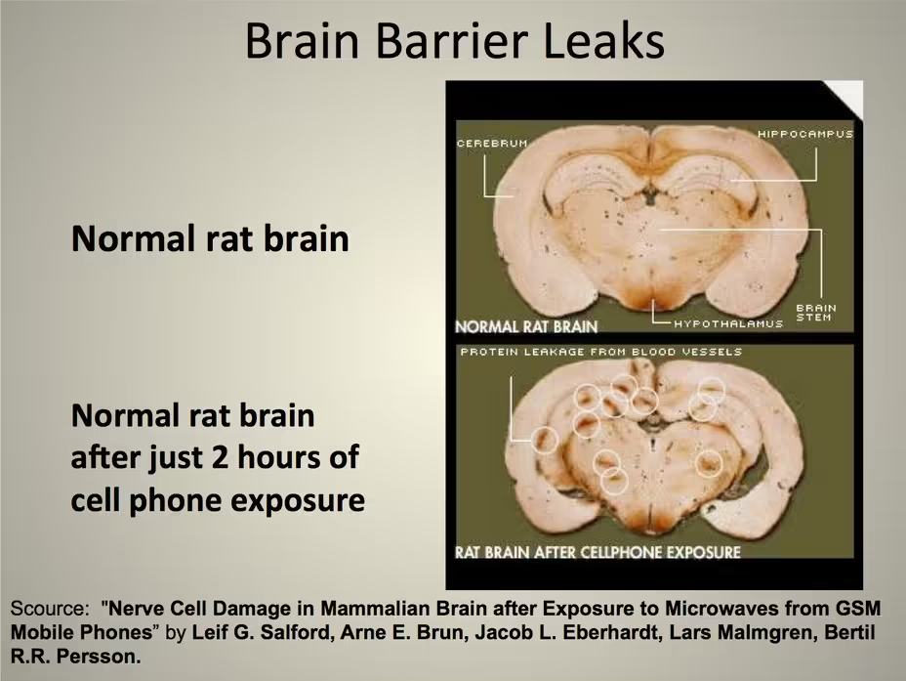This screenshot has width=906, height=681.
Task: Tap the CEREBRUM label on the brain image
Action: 492,144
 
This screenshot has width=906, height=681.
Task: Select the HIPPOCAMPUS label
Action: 804,134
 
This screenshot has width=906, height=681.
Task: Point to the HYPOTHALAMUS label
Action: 728,323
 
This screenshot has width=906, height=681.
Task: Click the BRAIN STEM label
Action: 816,313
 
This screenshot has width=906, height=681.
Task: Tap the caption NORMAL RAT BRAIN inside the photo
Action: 526,326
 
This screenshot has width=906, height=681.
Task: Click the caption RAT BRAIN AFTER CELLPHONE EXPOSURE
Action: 597,552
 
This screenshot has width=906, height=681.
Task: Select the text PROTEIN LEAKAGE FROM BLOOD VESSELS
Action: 601,352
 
